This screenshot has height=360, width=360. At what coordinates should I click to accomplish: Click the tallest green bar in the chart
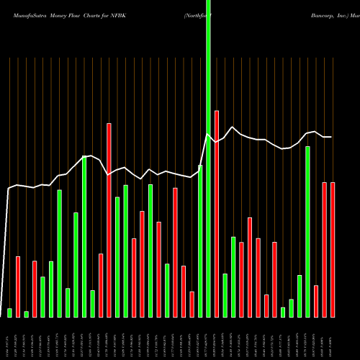[x=208, y=158]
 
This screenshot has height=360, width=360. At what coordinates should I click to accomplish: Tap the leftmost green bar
[x=9, y=312]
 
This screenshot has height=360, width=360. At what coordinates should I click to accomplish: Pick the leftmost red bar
[x=18, y=287]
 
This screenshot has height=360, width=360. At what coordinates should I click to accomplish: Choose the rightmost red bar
[x=333, y=250]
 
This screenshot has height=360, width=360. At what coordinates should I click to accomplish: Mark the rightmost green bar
[x=307, y=231]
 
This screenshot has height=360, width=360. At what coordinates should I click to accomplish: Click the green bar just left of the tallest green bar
[x=200, y=240]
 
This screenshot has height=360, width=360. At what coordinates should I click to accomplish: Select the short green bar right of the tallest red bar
[x=225, y=295]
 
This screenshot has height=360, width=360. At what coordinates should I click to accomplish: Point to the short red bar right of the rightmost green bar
[x=316, y=301]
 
